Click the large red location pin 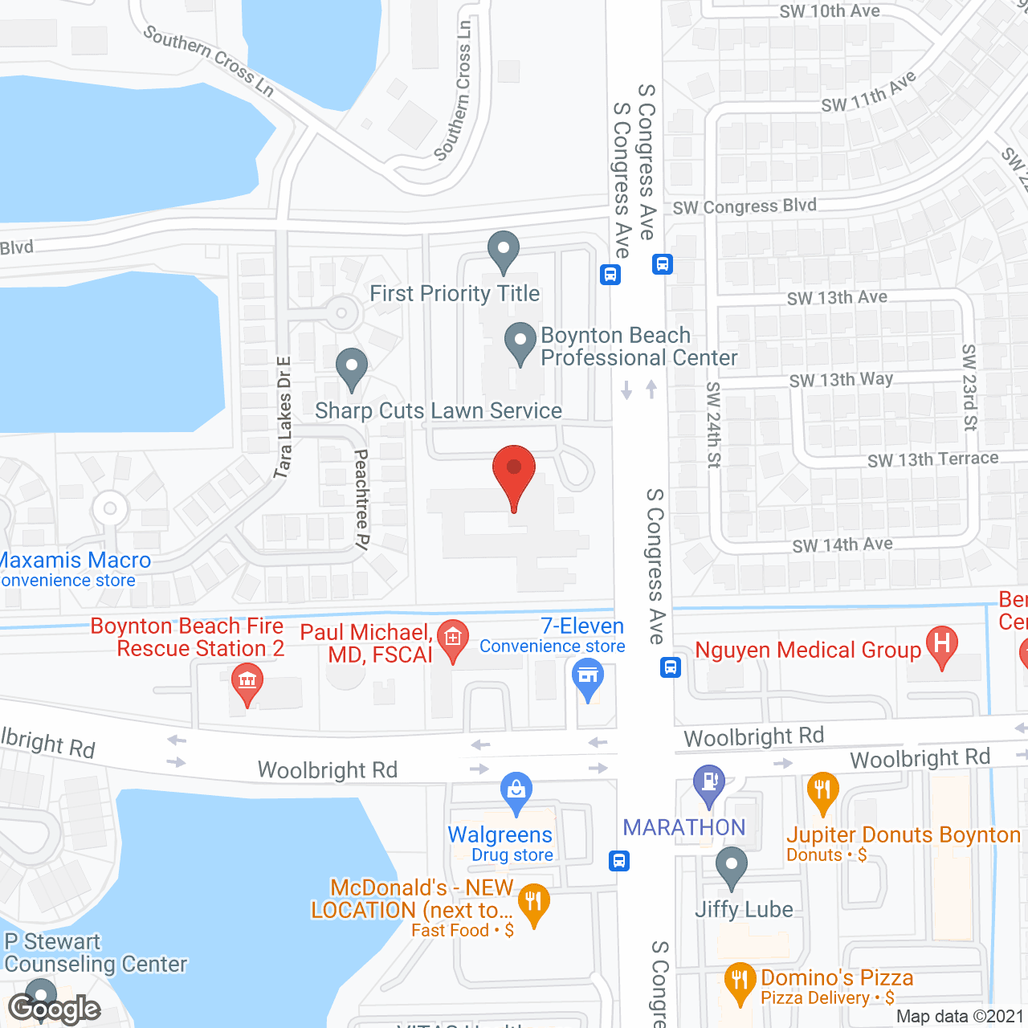(x=513, y=474)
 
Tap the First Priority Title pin (x=504, y=251)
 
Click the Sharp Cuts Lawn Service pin (x=351, y=369)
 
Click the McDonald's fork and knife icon (x=533, y=903)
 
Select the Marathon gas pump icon (x=708, y=783)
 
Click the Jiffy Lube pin (x=731, y=867)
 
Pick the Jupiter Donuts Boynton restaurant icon (x=822, y=791)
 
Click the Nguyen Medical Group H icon (x=942, y=645)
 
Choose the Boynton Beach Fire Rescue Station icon (x=247, y=683)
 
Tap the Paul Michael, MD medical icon (x=453, y=640)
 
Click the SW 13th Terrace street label (x=932, y=459)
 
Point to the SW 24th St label (x=713, y=424)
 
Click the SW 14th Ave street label (x=842, y=545)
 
